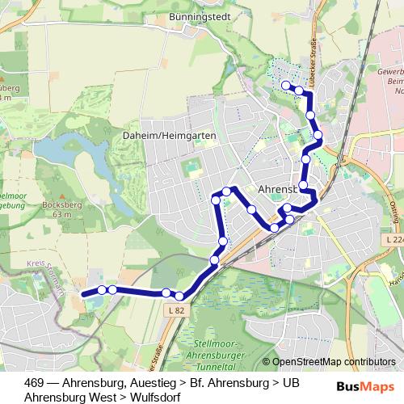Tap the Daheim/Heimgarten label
tap(170, 136)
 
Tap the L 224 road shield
tap(393, 240)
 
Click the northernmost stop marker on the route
tap(286, 85)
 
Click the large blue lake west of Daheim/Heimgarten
tap(61, 150)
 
